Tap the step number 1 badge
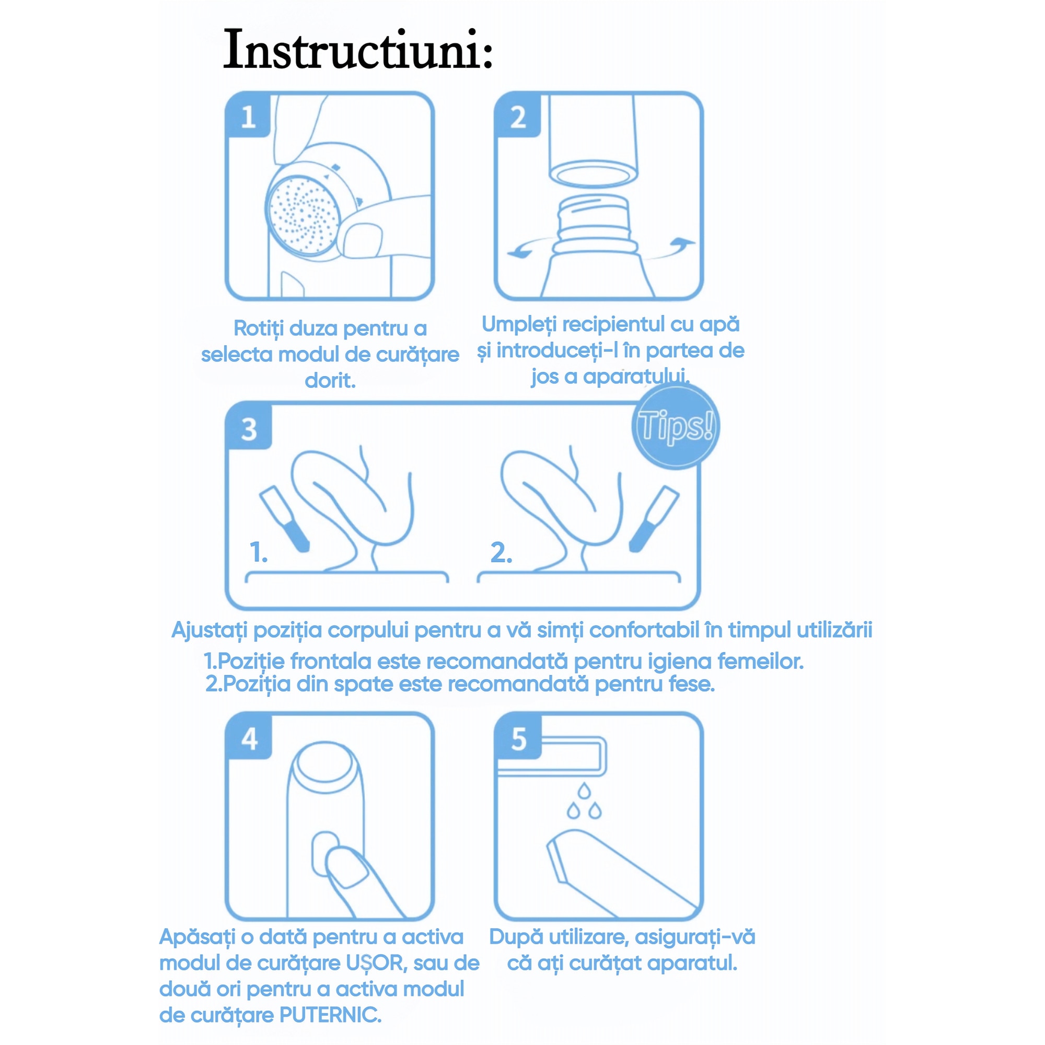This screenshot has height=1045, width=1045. pos(248,117)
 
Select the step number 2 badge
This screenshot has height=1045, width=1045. pos(518,117)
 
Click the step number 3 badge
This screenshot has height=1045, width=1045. pos(249,429)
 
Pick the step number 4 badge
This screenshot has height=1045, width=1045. pos(249,738)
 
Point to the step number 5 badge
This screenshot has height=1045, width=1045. pos(518,738)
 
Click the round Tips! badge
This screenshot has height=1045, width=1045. pos(675,426)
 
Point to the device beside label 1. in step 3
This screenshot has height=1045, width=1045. pos(285,518)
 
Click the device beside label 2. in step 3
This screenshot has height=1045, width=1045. pos(654,518)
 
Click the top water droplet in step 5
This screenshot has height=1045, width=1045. pos(584,791)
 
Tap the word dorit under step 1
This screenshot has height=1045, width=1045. pos(330,380)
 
